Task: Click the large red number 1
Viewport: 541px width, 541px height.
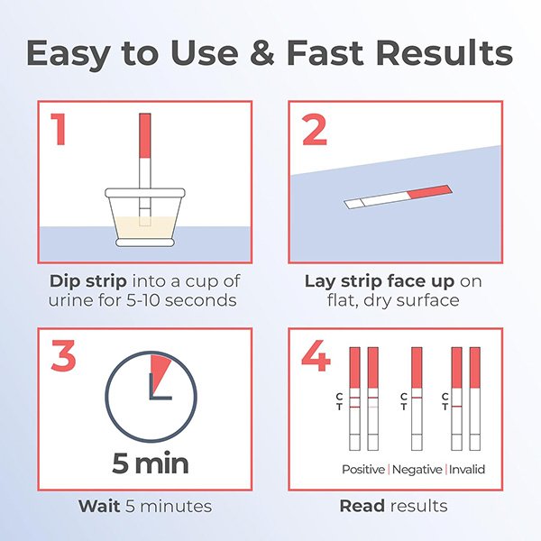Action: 59,129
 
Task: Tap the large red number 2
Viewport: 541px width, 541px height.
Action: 315,130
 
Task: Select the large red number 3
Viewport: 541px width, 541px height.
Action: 63,356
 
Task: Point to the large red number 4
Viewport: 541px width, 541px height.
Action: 316,356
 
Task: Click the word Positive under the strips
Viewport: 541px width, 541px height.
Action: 363,469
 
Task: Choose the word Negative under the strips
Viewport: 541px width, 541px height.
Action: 417,469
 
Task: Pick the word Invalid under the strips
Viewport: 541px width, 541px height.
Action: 467,469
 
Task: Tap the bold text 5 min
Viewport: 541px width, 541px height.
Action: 151,463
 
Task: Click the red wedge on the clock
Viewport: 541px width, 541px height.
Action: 159,371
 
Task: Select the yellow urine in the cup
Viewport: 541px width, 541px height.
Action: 145,227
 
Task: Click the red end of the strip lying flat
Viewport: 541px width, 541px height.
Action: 430,191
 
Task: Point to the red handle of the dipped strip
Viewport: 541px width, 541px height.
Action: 145,135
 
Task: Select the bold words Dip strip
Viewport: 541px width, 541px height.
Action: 88,281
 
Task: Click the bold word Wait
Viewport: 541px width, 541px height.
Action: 99,506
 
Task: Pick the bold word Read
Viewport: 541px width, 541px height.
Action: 362,506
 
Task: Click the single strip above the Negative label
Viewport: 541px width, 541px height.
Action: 417,399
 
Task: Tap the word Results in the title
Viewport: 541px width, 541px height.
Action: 444,52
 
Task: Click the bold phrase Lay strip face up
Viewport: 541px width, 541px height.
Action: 380,281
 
